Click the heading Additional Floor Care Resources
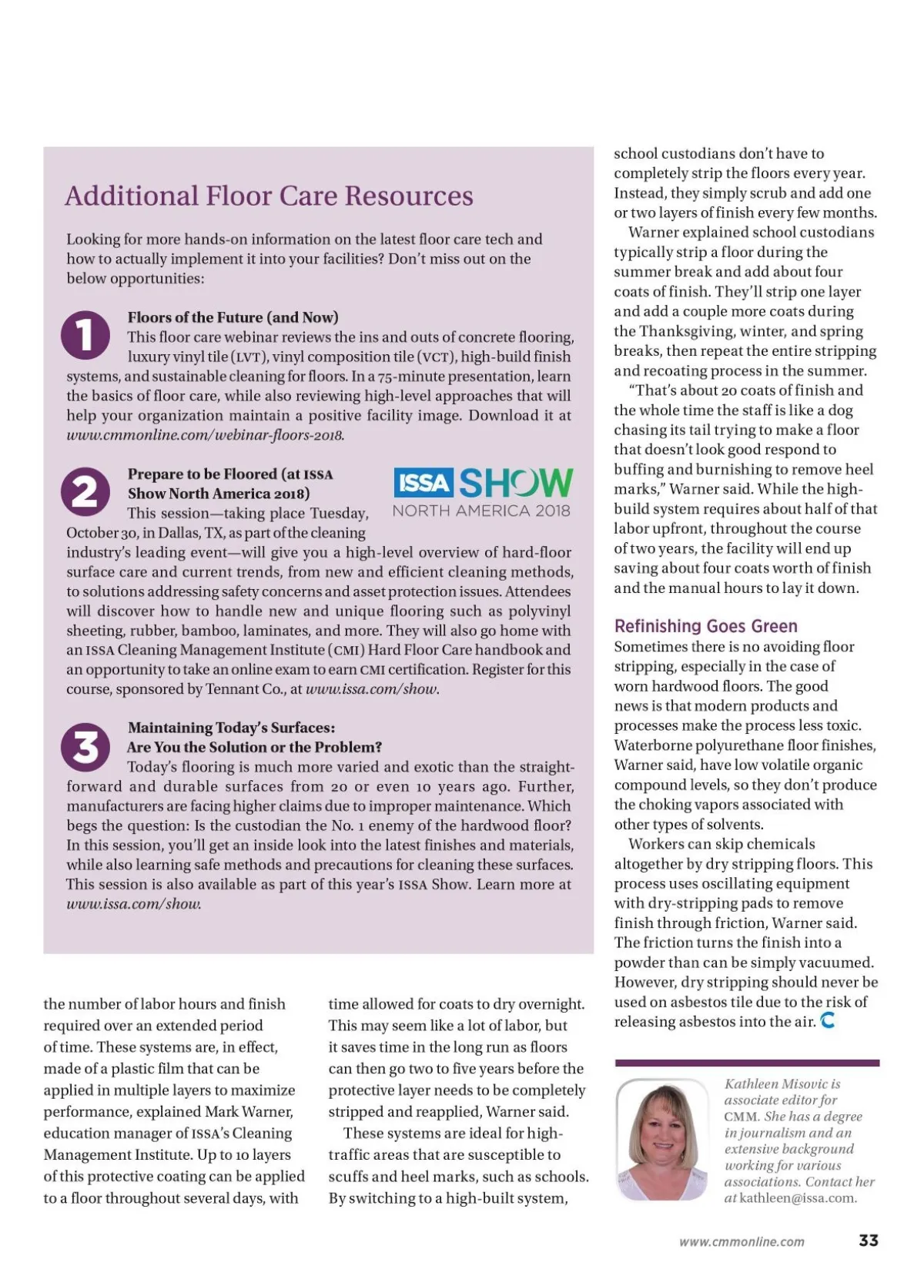pyautogui.click(x=269, y=196)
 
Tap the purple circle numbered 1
pyautogui.click(x=85, y=335)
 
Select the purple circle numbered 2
pyautogui.click(x=85, y=492)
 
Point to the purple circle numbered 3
pyautogui.click(x=85, y=746)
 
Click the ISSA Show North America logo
pyautogui.click(x=482, y=492)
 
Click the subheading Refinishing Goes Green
pyautogui.click(x=705, y=626)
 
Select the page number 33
pyautogui.click(x=869, y=1241)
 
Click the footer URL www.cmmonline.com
pyautogui.click(x=742, y=1241)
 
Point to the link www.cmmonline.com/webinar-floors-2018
pyautogui.click(x=205, y=435)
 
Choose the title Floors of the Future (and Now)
pyautogui.click(x=233, y=317)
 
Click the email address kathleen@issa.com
pyautogui.click(x=798, y=1197)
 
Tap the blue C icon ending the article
pyautogui.click(x=828, y=1021)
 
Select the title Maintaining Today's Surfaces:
pyautogui.click(x=231, y=728)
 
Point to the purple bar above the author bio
pyautogui.click(x=747, y=1063)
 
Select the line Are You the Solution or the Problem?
pyautogui.click(x=254, y=747)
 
